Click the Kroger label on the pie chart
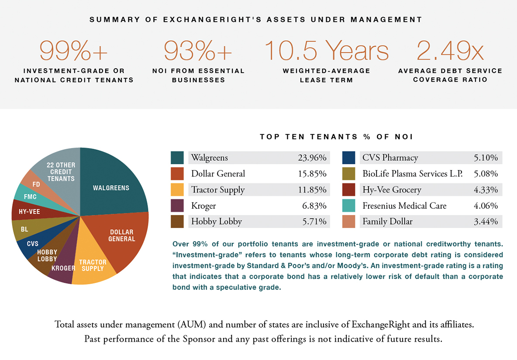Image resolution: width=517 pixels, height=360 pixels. point(63,268)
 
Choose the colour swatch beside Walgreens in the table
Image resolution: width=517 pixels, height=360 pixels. point(177,158)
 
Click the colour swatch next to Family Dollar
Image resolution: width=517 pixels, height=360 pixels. point(348,222)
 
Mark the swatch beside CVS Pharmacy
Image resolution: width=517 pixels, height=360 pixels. point(348,158)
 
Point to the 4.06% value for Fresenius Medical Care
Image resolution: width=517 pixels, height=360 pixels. point(486,206)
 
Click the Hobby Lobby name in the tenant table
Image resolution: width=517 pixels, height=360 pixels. point(217,222)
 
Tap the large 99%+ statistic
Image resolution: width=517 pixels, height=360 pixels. point(73,51)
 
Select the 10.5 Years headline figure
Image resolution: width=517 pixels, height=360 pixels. point(326,51)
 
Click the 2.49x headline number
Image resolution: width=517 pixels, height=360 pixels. point(450,51)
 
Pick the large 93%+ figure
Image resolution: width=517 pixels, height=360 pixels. point(198,51)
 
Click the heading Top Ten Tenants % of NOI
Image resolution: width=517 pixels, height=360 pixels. point(336,137)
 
